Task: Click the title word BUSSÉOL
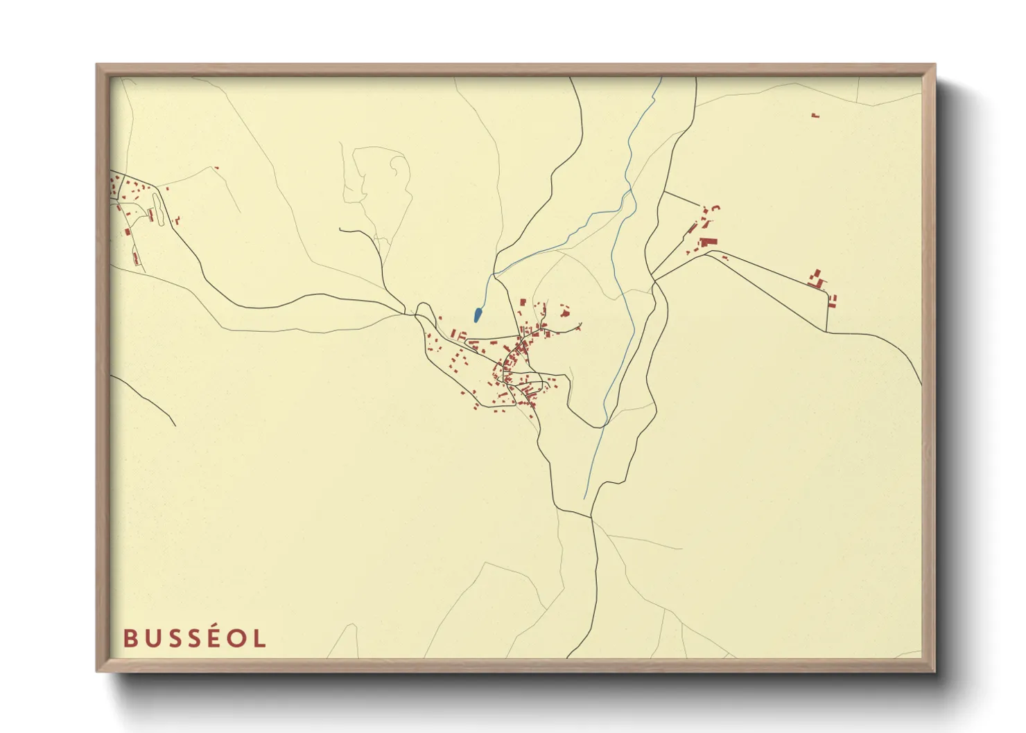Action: click(x=195, y=638)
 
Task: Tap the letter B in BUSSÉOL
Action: click(x=130, y=638)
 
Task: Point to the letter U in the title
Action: click(x=151, y=638)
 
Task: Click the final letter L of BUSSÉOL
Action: click(x=259, y=638)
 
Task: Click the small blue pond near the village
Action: click(x=478, y=315)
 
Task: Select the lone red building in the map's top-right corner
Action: click(x=815, y=115)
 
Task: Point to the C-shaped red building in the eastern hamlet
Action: click(x=715, y=207)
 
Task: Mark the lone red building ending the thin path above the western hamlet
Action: click(x=216, y=168)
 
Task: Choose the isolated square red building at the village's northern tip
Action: click(x=523, y=303)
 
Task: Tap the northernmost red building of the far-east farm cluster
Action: click(x=817, y=273)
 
